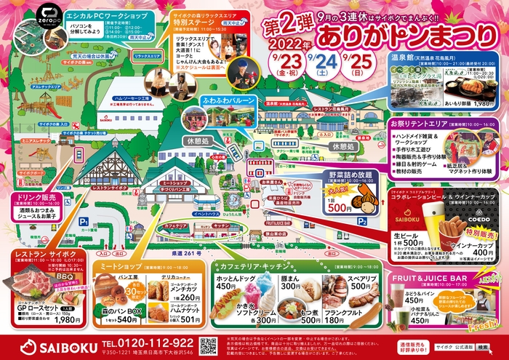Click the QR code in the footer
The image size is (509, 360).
(x=209, y=345)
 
